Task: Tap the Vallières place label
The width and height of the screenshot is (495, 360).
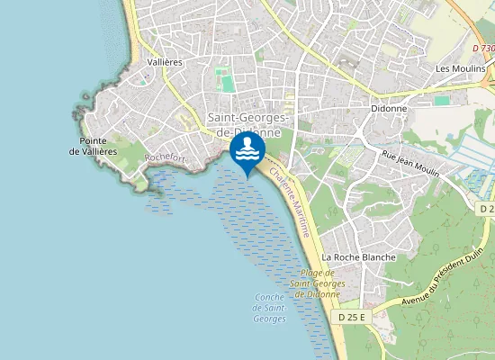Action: tap(164, 62)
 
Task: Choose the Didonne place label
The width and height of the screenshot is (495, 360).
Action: tap(389, 108)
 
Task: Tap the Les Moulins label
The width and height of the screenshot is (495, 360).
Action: tap(460, 68)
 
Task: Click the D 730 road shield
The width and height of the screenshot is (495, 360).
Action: tap(483, 48)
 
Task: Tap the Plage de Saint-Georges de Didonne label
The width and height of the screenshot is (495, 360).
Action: tap(316, 283)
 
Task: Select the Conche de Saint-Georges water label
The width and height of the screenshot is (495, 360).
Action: tap(270, 309)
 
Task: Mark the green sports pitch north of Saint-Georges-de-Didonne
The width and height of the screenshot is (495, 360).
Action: tap(228, 83)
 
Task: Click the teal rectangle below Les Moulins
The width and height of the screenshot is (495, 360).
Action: tap(442, 101)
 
